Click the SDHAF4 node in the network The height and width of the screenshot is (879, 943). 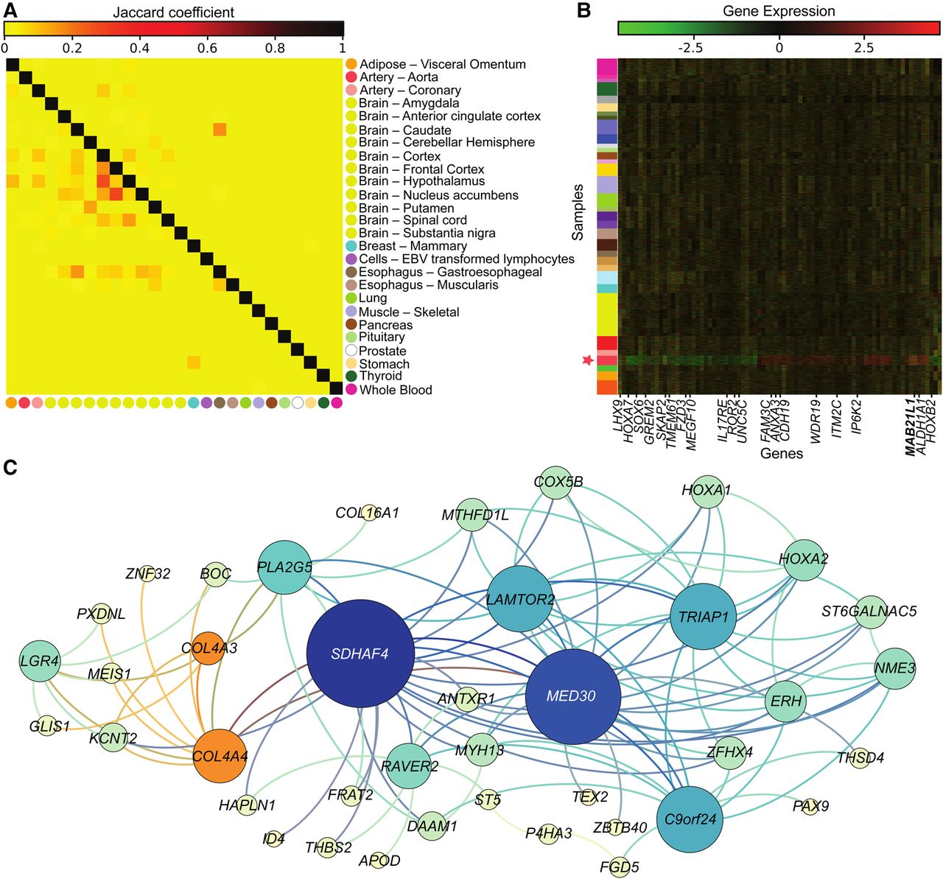pyautogui.click(x=360, y=653)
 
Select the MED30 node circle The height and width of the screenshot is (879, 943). pyautogui.click(x=571, y=696)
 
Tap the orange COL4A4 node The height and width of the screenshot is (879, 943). pyautogui.click(x=220, y=755)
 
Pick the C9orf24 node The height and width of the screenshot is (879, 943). pyautogui.click(x=690, y=818)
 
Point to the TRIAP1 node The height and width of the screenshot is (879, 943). pyautogui.click(x=704, y=617)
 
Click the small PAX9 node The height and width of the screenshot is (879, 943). pyautogui.click(x=810, y=806)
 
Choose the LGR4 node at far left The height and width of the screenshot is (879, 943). pyautogui.click(x=40, y=661)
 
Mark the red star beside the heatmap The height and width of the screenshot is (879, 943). pyautogui.click(x=587, y=360)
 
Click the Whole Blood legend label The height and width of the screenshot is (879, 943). pyautogui.click(x=396, y=390)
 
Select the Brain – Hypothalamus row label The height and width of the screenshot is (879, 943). pyautogui.click(x=421, y=181)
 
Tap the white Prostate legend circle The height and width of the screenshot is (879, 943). pyautogui.click(x=351, y=351)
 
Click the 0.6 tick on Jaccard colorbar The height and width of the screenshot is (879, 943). pyautogui.click(x=208, y=49)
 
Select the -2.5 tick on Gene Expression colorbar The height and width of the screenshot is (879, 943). pyautogui.click(x=690, y=49)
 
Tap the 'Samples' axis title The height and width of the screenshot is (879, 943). pyautogui.click(x=578, y=212)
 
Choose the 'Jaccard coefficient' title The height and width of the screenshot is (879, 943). pyautogui.click(x=173, y=13)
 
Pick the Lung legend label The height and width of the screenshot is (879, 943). pyautogui.click(x=373, y=298)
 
